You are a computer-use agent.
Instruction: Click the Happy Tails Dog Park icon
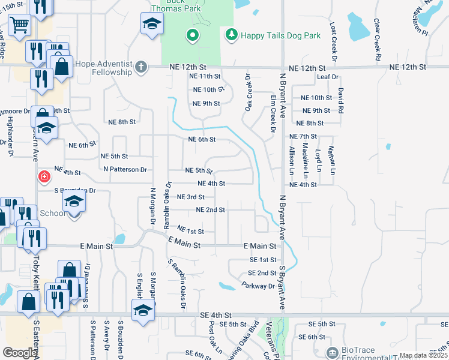click(231, 35)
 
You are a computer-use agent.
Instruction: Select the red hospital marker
click(44, 176)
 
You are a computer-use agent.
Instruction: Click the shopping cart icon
click(19, 26)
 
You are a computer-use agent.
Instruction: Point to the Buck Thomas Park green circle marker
click(192, 36)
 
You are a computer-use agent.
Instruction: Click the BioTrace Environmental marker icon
click(331, 352)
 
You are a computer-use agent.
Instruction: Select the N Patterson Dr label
click(125, 170)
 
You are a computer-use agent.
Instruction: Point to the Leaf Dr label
click(328, 77)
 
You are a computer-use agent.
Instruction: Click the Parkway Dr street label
click(259, 286)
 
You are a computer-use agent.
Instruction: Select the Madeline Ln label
click(305, 161)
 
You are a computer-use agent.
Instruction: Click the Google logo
click(20, 353)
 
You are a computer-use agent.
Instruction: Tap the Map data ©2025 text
click(423, 355)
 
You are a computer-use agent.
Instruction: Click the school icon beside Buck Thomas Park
click(152, 24)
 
